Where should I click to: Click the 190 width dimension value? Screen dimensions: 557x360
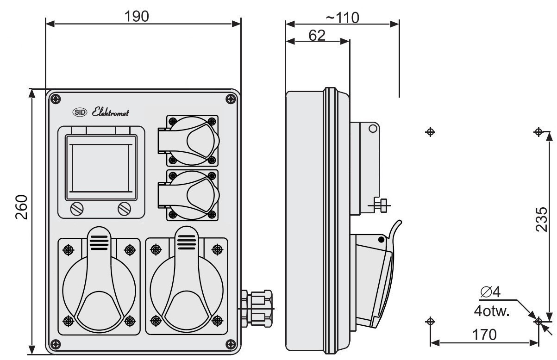(137, 16)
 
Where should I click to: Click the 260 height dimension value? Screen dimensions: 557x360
(21, 207)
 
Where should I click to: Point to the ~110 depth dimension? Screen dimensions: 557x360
(343, 18)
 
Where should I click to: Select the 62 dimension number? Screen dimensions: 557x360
(317, 35)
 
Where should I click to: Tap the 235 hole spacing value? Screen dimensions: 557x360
(541, 219)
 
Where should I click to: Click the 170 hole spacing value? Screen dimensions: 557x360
(484, 335)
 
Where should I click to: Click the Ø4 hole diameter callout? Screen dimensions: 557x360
(490, 292)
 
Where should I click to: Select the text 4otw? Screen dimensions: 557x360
(492, 311)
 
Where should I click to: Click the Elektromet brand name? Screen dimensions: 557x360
(110, 112)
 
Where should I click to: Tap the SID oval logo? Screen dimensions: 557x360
(80, 112)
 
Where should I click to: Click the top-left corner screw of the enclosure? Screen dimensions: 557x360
(56, 99)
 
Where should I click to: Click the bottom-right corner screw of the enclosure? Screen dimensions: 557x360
(231, 344)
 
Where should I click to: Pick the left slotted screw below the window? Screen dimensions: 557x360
(77, 209)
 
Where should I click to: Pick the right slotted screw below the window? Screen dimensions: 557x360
(125, 209)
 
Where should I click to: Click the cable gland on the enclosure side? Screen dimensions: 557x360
(256, 309)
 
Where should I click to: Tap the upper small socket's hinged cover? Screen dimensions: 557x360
(189, 141)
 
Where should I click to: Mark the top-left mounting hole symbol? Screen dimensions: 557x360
(430, 132)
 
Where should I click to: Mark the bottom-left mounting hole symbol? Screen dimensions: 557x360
(430, 322)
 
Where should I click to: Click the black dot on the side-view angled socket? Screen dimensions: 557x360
(381, 240)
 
